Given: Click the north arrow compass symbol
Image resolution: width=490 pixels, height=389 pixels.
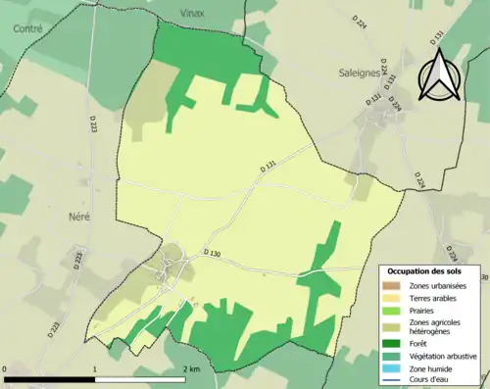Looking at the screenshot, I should pyautogui.click(x=438, y=74).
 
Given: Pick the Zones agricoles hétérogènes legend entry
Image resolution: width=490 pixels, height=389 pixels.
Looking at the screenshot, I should pyautogui.click(x=437, y=326).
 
